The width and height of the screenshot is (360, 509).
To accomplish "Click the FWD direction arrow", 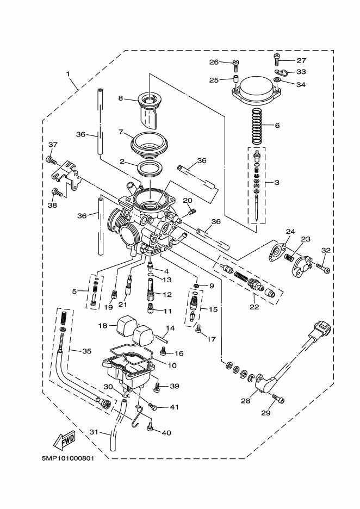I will coord(64,438).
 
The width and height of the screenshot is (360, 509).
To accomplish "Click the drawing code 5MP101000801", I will coord(68,458).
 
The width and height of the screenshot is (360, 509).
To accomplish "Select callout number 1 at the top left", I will coord(69,73).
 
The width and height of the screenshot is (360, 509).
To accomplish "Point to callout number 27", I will coord(302,61).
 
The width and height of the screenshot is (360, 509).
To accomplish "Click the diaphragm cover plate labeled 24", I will coord(279,253).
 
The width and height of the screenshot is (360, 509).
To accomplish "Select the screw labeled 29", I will coord(279,400).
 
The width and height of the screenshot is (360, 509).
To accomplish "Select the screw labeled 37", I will coord(49,160).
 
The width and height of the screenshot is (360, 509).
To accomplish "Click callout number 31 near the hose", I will coord(93,432).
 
